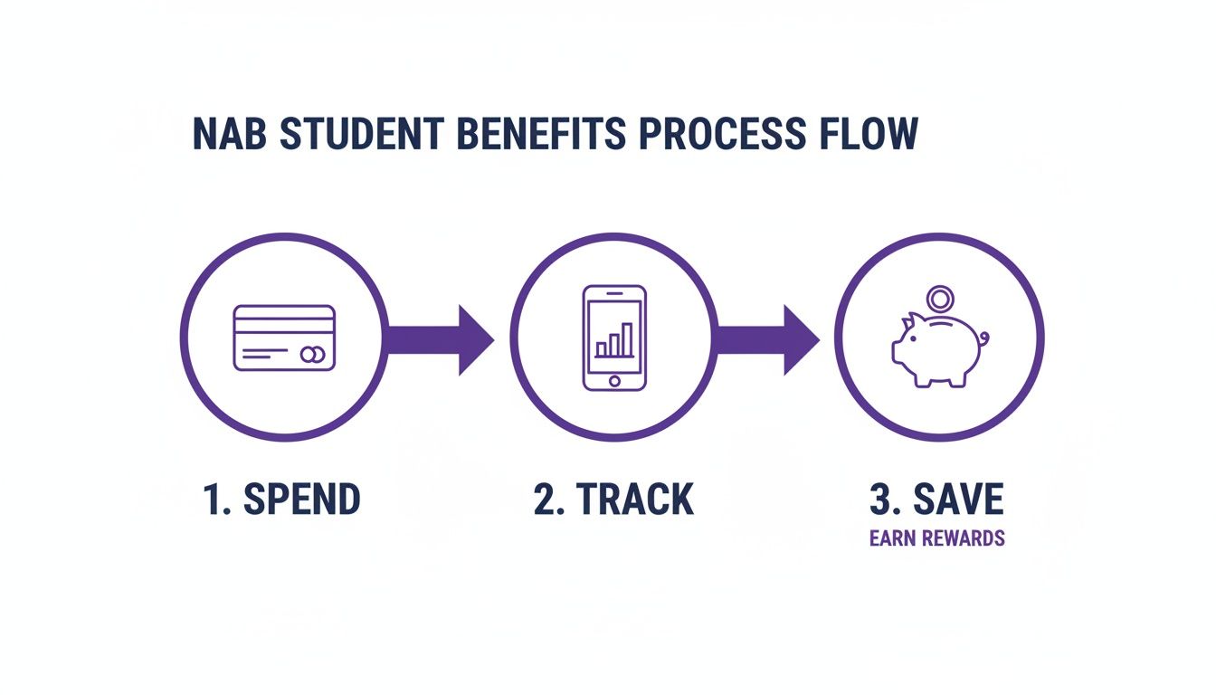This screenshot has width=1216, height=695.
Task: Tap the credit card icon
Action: [x=284, y=338]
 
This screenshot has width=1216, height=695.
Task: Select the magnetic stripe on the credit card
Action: [x=284, y=320]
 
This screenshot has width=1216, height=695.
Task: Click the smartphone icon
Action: [x=614, y=338]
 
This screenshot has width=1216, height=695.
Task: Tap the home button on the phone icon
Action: [x=614, y=381]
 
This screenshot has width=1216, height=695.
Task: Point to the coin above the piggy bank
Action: [x=940, y=298]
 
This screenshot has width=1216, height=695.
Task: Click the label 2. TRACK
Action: [x=613, y=500]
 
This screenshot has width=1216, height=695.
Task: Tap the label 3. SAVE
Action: [x=936, y=500]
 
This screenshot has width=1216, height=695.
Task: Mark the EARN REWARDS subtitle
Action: [x=936, y=538]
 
